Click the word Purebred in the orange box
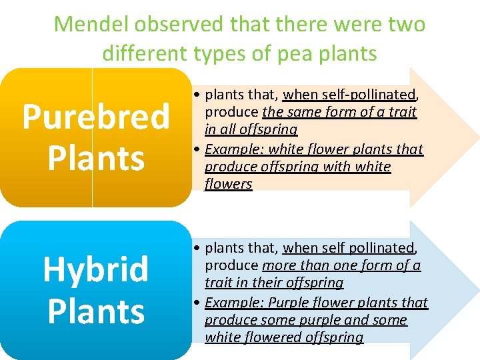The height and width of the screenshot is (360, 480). [96, 117]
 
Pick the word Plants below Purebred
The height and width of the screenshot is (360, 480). [96, 159]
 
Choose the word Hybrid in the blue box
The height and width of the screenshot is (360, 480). [96, 269]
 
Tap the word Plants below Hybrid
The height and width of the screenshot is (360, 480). [96, 311]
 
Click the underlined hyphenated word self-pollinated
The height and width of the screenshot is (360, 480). [349, 94]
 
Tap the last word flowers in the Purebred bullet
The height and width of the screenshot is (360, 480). [228, 184]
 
